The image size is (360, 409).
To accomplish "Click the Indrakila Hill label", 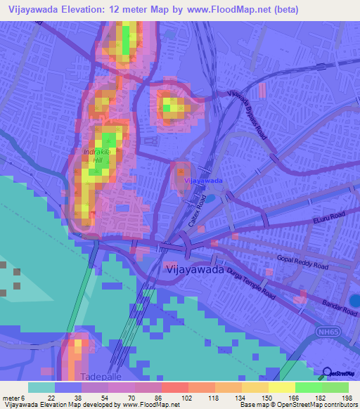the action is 98,155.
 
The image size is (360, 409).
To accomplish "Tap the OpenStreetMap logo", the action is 338,373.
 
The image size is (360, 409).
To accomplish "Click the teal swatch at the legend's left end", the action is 41,387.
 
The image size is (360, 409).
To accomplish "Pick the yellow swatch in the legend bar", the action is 282,387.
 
